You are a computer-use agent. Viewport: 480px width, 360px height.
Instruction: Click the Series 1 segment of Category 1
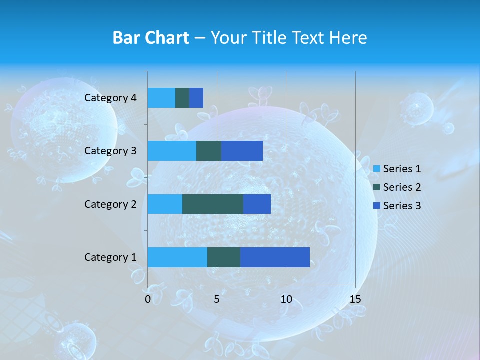click(x=177, y=257)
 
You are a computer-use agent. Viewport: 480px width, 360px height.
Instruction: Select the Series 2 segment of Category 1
click(x=224, y=257)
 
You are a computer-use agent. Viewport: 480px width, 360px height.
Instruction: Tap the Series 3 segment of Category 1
click(x=275, y=257)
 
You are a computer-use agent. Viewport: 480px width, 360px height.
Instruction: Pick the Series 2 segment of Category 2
click(x=213, y=204)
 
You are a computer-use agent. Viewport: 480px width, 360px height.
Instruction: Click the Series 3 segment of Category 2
click(x=257, y=204)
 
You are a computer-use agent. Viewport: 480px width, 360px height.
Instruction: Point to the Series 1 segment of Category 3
click(x=172, y=151)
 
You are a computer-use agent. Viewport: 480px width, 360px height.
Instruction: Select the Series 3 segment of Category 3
click(x=242, y=151)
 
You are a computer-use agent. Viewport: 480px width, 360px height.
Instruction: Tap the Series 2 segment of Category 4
click(x=182, y=98)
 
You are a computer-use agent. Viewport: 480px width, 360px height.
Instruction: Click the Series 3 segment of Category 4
click(x=196, y=98)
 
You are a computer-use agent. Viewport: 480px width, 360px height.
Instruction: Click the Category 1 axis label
click(x=110, y=257)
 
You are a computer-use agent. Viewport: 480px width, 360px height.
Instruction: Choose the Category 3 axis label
click(x=110, y=151)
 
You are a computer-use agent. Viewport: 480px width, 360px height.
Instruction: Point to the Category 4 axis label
click(x=110, y=98)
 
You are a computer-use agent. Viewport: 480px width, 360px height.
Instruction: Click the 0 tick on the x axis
click(x=148, y=299)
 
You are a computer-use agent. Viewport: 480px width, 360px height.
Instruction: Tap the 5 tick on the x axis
click(x=217, y=299)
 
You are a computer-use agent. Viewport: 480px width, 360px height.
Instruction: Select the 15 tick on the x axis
click(x=355, y=299)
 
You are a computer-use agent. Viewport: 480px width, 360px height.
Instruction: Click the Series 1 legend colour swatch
click(x=377, y=169)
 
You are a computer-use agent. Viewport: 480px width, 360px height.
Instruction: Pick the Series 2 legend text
click(x=402, y=187)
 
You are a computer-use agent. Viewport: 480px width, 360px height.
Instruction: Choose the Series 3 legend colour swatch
click(x=377, y=206)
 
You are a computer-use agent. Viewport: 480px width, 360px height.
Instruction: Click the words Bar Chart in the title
click(x=151, y=38)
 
